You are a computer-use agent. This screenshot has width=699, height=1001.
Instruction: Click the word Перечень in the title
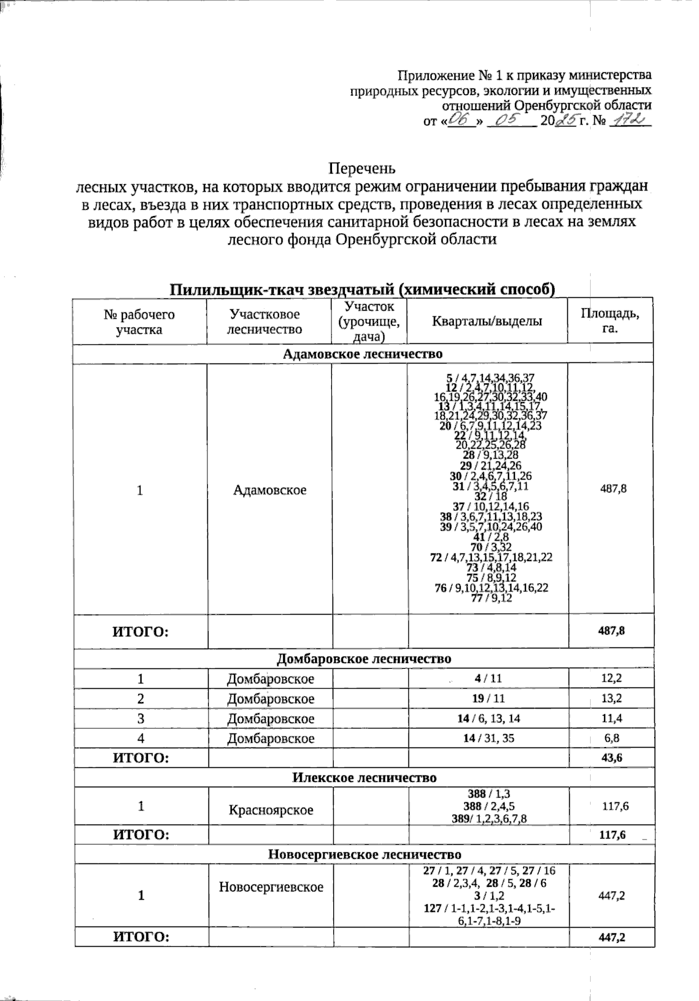[x=362, y=169]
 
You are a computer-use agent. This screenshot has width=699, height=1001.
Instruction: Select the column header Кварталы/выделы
[x=487, y=321]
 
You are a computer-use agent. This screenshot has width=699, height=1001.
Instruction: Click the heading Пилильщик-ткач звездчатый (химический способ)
[x=362, y=290]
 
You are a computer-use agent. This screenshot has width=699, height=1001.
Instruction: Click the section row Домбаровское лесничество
[x=363, y=659]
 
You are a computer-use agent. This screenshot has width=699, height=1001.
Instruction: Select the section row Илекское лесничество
[x=363, y=778]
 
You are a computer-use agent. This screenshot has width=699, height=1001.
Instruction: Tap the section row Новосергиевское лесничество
[x=364, y=854]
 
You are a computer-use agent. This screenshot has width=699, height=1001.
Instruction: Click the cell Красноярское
[x=271, y=810]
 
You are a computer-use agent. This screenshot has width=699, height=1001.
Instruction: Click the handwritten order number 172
[x=629, y=121]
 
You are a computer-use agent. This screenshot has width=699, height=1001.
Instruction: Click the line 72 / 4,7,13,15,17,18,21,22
[x=490, y=557]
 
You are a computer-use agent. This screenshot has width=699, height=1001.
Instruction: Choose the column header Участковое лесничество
[x=264, y=321]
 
